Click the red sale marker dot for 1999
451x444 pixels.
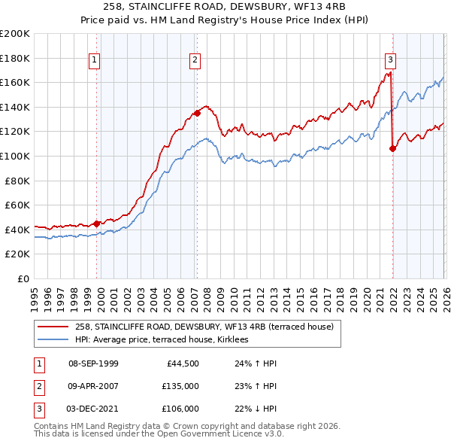pos(97,224)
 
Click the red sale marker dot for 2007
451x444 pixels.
pos(197,114)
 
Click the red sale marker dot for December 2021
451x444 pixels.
pos(392,149)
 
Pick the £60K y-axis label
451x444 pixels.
pos(17,205)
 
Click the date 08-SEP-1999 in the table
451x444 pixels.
pos(93,363)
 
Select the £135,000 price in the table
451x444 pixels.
pos(181,386)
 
